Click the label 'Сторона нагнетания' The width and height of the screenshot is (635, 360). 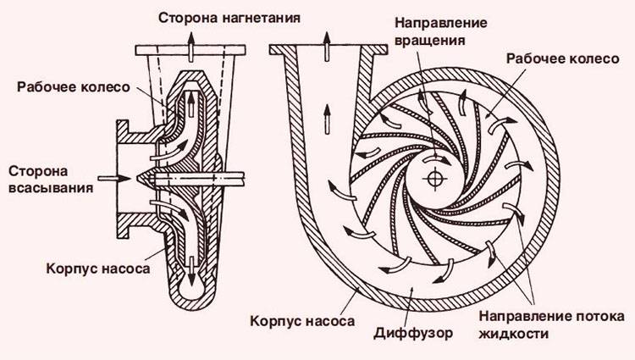point(229,19)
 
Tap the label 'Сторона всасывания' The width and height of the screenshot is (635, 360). point(51,180)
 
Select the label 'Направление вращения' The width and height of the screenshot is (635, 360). point(440,31)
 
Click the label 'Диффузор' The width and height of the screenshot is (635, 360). point(413,333)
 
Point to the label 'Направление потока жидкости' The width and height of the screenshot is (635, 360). point(551,324)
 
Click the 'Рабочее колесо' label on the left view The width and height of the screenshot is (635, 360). point(74,87)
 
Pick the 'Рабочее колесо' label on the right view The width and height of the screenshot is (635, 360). point(563,58)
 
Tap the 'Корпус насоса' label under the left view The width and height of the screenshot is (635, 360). point(98,269)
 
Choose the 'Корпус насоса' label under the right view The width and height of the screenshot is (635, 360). point(302,322)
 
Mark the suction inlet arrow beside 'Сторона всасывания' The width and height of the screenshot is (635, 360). point(114,178)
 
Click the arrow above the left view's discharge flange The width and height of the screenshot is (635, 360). point(190,46)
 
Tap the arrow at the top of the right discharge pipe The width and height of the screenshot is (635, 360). point(327,46)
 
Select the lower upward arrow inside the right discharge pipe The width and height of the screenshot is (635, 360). point(327,119)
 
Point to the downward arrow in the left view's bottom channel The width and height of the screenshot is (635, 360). point(190,271)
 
